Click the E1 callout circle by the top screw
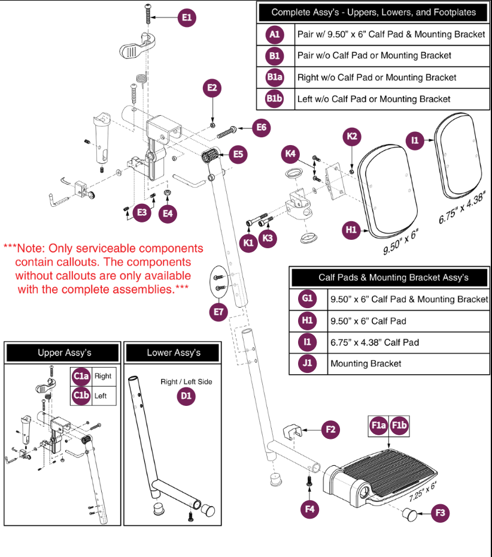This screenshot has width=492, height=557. [187, 19]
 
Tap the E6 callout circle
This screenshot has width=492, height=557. [261, 128]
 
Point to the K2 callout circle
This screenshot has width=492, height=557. [352, 137]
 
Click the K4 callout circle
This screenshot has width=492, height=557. [290, 155]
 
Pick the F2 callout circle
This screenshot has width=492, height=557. [329, 429]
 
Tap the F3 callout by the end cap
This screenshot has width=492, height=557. [440, 513]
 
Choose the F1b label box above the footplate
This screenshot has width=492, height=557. [399, 426]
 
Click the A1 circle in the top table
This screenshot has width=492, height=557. [275, 34]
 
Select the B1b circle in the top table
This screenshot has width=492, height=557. [275, 99]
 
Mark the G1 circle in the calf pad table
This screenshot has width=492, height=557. [307, 299]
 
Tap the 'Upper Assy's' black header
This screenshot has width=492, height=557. [64, 353]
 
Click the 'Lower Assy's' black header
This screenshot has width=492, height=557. [174, 353]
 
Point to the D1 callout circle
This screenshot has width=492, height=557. [186, 396]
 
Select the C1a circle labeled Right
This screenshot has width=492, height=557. [81, 377]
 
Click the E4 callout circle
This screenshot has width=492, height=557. [168, 213]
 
